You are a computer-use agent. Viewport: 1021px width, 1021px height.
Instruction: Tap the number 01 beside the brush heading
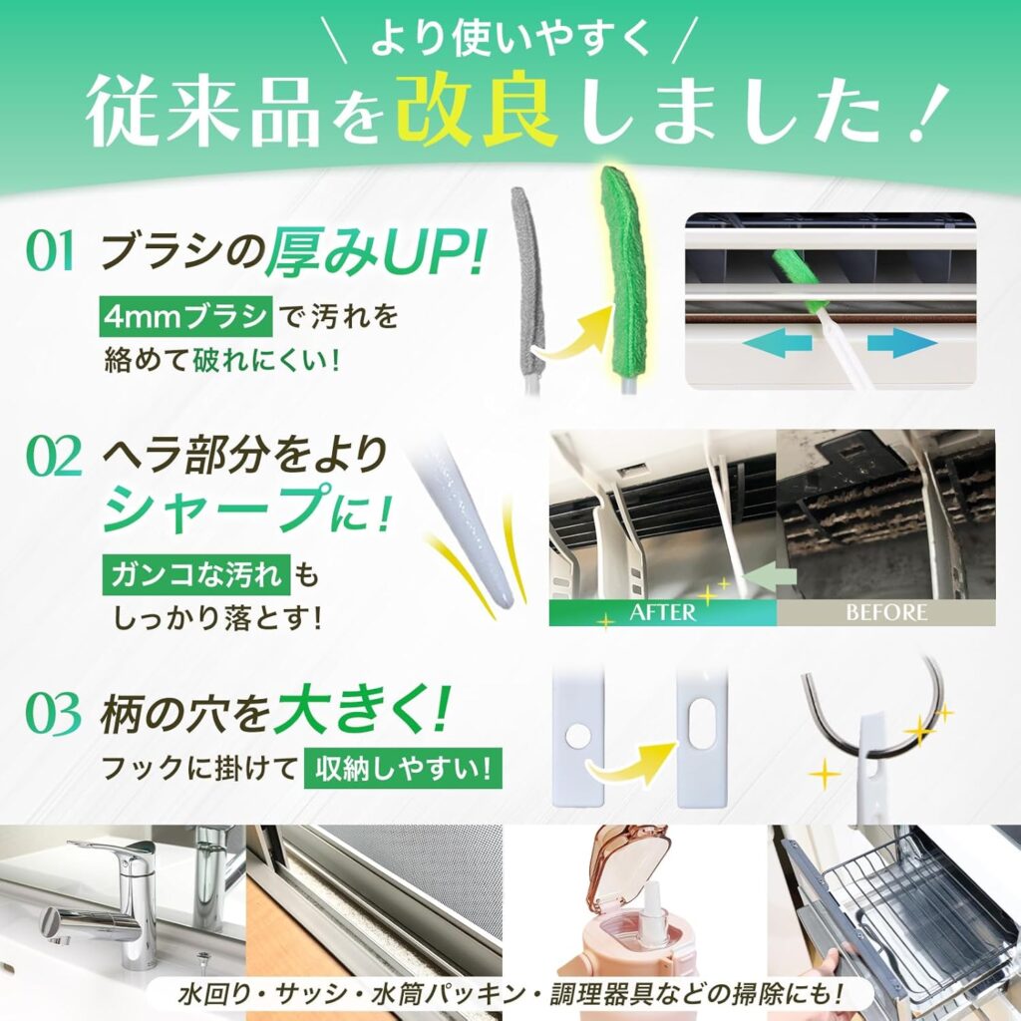pos(50,253)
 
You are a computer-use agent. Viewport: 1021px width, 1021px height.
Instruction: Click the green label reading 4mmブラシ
pos(185,317)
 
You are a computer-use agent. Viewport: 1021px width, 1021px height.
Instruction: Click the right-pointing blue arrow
pos(901,344)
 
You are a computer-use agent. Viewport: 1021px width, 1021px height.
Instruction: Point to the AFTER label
pos(662,611)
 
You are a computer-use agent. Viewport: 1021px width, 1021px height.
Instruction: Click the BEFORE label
pos(886,611)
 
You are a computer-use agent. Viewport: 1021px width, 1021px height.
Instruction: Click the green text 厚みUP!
pos(374,253)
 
